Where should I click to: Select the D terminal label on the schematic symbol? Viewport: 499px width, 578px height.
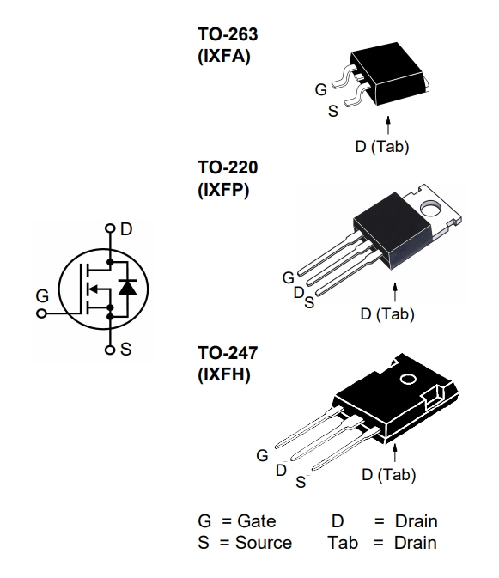click(x=126, y=229)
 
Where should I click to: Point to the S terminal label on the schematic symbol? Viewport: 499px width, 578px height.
click(x=126, y=350)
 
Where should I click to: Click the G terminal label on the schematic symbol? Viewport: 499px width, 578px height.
click(x=42, y=295)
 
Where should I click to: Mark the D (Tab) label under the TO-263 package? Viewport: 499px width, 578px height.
click(x=381, y=147)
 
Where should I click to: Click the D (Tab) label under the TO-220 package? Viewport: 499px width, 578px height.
click(x=387, y=314)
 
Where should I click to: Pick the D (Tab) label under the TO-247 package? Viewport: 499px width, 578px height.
click(x=389, y=474)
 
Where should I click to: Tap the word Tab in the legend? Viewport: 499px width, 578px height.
click(x=342, y=542)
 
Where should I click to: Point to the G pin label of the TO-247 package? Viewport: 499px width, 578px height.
click(x=262, y=456)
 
